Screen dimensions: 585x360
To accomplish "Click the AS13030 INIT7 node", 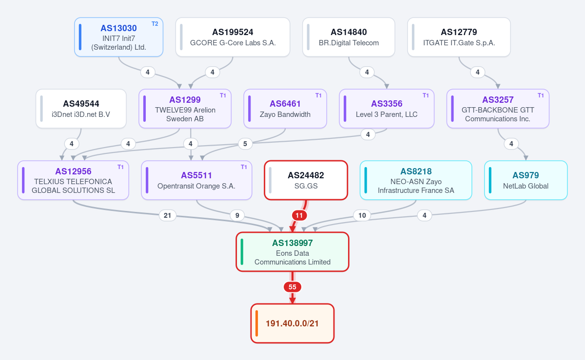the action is (119, 37).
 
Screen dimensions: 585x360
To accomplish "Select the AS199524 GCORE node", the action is (233, 37).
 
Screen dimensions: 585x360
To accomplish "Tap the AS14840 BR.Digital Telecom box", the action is (349, 37).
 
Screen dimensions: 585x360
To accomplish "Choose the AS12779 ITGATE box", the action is (459, 37).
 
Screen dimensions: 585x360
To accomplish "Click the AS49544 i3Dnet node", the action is (81, 109).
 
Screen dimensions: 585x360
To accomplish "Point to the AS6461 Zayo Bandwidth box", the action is (285, 109).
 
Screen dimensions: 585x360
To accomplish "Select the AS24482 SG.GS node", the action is (306, 180).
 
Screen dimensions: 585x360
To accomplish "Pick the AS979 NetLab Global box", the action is (526, 180).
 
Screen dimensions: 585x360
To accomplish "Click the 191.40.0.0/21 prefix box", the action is (292, 323).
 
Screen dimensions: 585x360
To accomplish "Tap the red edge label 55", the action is (292, 287).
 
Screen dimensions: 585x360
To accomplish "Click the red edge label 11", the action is (299, 215).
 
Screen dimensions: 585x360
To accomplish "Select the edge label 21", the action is (167, 215).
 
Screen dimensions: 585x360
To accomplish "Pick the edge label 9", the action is (237, 215).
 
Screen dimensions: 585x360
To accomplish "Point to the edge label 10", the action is (362, 215).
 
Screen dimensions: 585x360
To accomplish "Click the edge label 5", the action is (245, 144).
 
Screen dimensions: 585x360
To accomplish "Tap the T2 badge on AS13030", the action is (155, 24).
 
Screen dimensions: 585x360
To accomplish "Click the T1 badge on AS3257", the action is (541, 95).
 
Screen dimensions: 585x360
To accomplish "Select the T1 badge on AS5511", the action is (244, 167).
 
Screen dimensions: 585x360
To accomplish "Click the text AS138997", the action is (292, 243).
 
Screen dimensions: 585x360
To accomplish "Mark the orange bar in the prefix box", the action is (257, 323).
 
